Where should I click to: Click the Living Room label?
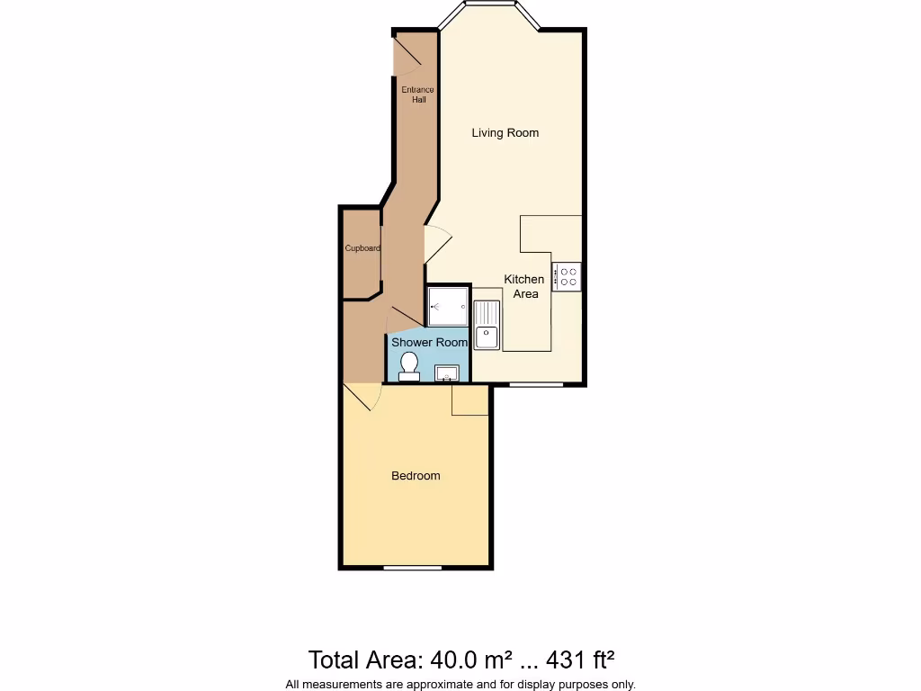[x=505, y=133]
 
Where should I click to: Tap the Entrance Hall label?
[x=417, y=94]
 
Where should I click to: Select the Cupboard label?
[x=362, y=248]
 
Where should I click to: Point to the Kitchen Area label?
[x=524, y=286]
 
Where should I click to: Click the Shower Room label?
[x=429, y=343]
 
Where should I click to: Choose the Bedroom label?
[x=416, y=476]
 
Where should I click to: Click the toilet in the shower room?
[x=409, y=365]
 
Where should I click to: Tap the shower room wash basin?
[x=448, y=372]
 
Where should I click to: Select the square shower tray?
[x=448, y=307]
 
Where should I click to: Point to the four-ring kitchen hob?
[x=568, y=276]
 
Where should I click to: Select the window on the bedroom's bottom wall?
[x=413, y=568]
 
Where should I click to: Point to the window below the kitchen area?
[x=537, y=385]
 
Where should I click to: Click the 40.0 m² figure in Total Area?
[x=468, y=660]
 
